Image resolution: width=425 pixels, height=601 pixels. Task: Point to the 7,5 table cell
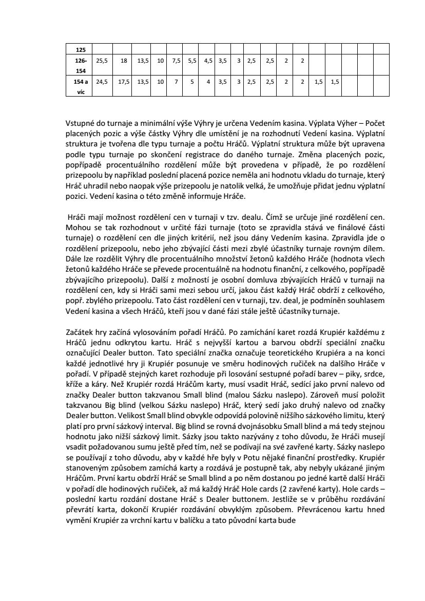(177, 61)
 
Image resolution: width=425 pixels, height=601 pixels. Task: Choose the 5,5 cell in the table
(192, 61)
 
